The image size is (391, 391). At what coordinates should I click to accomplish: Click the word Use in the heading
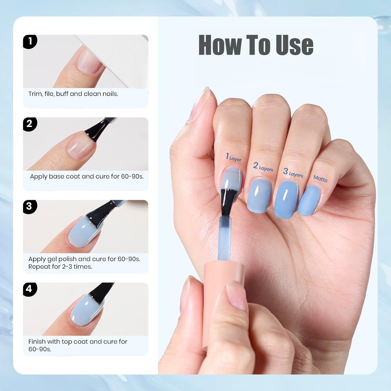295,45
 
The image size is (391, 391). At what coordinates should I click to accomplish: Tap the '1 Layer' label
234,157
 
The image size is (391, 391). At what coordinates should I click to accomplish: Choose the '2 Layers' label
263,167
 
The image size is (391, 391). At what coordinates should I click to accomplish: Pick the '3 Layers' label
293,173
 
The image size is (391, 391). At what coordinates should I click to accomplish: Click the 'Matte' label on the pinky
320,179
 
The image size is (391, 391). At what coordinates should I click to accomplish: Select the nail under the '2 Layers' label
259,196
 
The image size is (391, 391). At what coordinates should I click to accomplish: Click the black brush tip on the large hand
228,201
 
